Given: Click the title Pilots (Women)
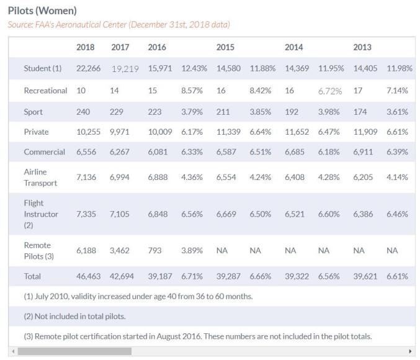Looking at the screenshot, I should pos(42,11).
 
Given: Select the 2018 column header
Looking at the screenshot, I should pos(86,47).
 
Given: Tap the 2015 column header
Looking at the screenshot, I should pos(225,47).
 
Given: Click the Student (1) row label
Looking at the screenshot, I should pos(43,68).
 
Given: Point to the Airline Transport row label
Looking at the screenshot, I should pos(40,177).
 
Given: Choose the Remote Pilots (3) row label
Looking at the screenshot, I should pos(37,250).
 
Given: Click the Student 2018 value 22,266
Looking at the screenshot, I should pos(88,68).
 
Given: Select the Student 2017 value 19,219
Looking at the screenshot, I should pos(125,68).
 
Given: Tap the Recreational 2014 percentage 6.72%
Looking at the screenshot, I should pos(330,91).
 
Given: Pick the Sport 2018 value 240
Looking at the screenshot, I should pos(83,112).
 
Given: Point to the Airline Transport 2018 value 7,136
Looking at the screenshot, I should pos(86,177).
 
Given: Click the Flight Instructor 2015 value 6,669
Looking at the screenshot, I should pos(228,214).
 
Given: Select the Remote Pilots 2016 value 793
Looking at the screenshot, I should pos(154,250).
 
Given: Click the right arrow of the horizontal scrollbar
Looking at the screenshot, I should pos(410,351).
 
